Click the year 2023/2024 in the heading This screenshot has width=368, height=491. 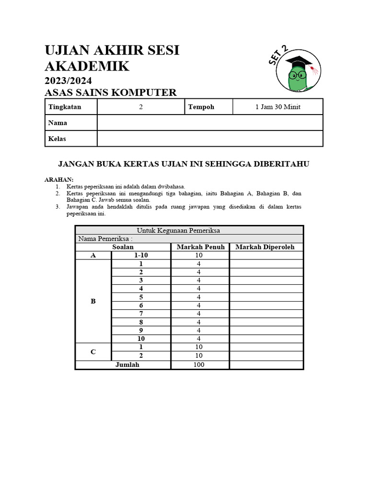68,80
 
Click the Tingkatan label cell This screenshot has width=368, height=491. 65,107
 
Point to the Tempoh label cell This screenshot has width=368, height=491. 201,107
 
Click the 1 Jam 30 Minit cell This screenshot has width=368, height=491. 278,107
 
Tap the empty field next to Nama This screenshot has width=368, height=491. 210,123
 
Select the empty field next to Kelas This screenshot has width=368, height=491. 210,139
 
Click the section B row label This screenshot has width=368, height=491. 93,301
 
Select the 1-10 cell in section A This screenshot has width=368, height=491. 141,256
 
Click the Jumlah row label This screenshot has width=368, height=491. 127,365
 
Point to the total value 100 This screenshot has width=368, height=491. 199,365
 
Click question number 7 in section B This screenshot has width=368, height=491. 141,314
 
